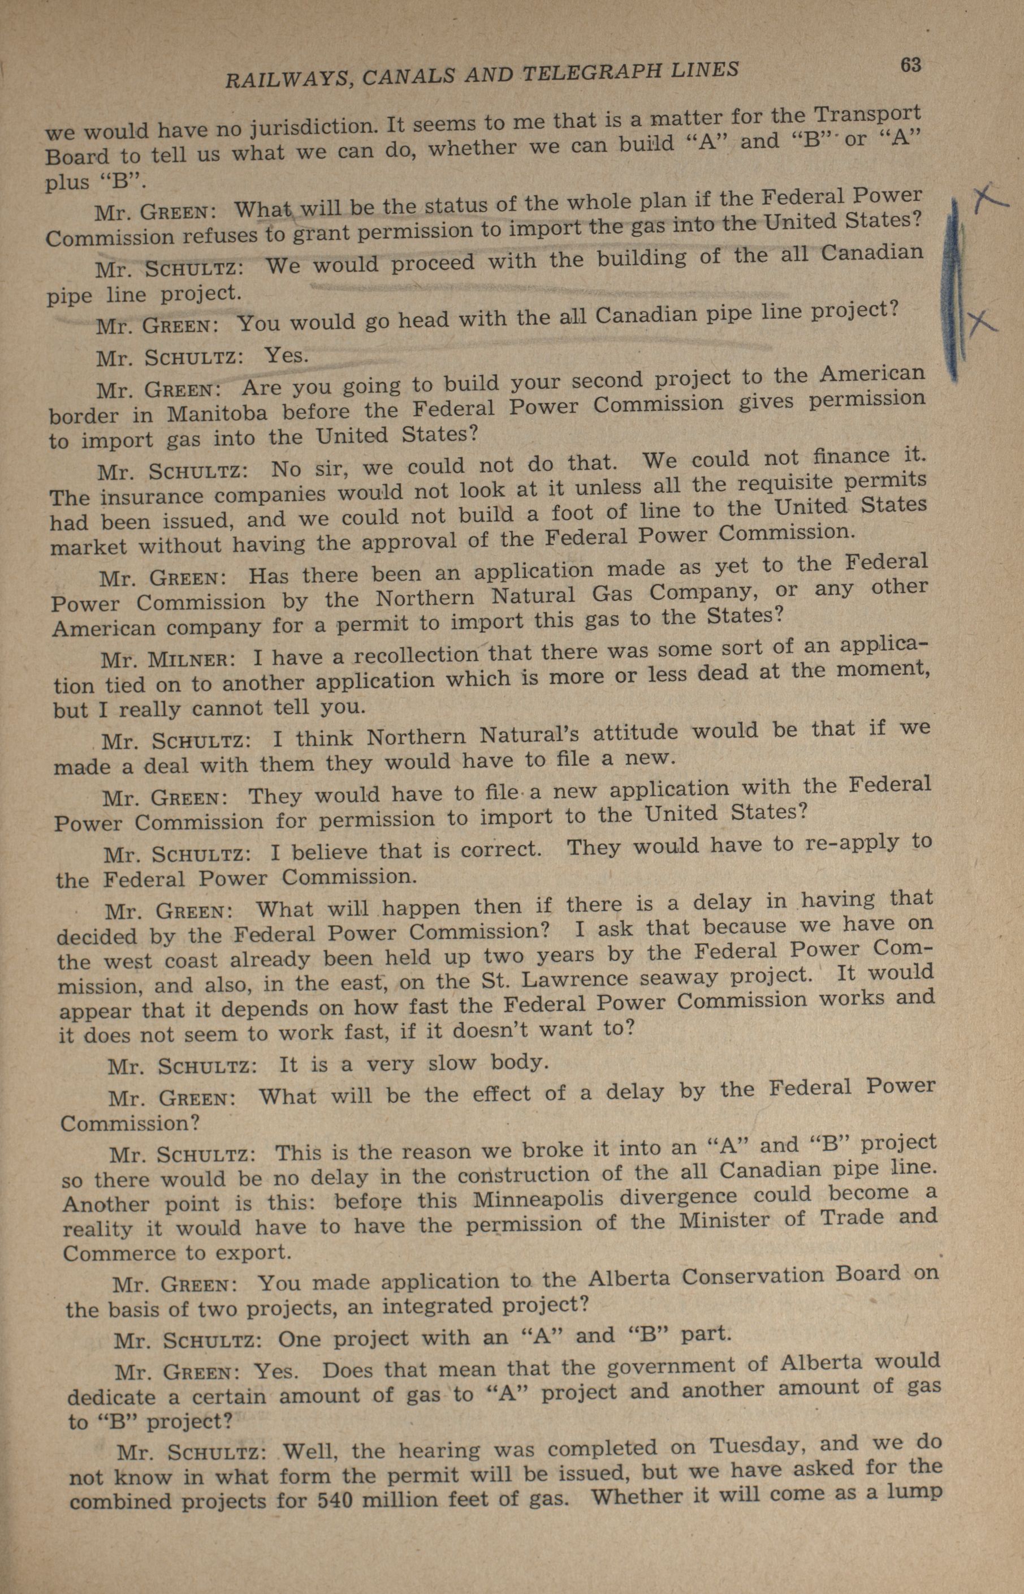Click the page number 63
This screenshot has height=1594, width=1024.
click(910, 65)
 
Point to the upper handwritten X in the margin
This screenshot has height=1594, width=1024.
click(989, 198)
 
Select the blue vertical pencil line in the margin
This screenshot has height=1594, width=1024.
click(955, 293)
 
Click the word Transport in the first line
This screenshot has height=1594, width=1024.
click(869, 114)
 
